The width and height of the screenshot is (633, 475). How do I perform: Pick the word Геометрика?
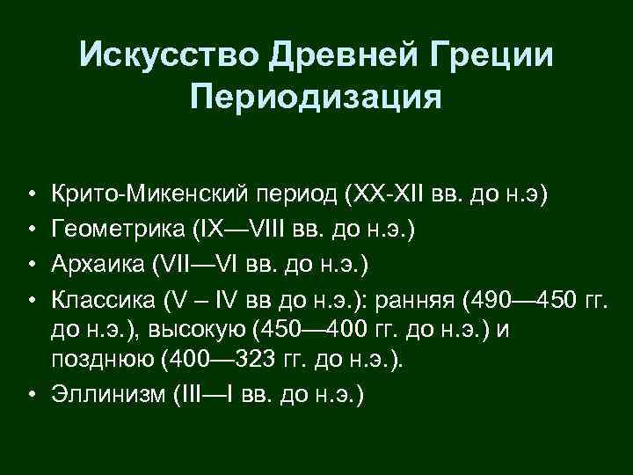point(115,230)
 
